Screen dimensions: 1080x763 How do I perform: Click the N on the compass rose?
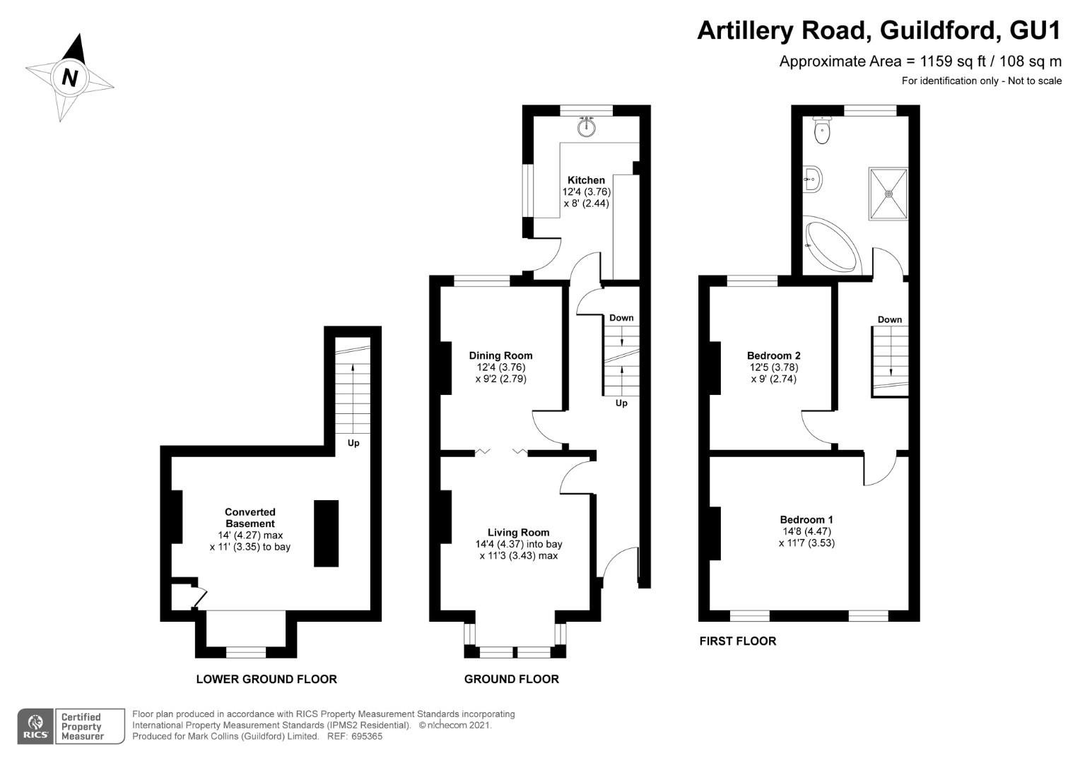(x=71, y=77)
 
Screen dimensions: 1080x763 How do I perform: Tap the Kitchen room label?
(x=586, y=180)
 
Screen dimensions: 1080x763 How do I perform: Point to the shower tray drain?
(x=888, y=194)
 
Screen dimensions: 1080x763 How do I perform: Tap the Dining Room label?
(x=500, y=355)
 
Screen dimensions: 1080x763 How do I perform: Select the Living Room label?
(x=518, y=533)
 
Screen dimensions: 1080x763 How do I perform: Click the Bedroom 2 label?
(x=773, y=355)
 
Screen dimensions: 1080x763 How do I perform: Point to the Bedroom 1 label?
(x=806, y=519)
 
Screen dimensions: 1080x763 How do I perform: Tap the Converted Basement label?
(x=250, y=518)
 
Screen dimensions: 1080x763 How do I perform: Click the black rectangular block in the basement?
(x=326, y=533)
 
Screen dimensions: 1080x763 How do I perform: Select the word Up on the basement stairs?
(x=353, y=443)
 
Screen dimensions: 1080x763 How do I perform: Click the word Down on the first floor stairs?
(x=890, y=319)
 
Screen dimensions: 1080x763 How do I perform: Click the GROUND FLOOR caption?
(x=512, y=679)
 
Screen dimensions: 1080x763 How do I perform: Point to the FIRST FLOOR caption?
(x=738, y=641)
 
